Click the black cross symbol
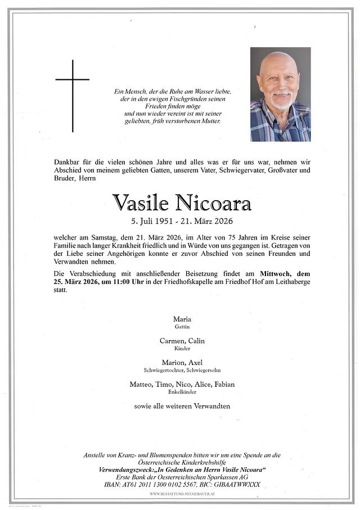coord(73,96)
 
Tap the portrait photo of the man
coord(280,94)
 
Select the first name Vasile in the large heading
coord(141,203)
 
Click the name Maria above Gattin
coord(182,319)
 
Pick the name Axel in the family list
coord(196,363)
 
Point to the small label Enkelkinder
coord(182,392)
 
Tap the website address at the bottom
coord(182,494)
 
